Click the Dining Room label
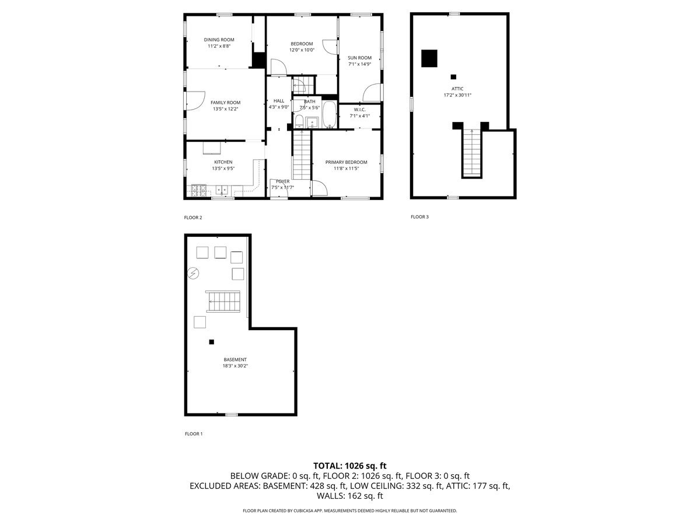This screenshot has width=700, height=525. [219, 40]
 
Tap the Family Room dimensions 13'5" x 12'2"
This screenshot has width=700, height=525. [225, 108]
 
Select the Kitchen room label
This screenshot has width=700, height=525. [223, 162]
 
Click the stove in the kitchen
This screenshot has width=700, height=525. [199, 189]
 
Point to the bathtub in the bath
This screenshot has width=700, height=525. [330, 114]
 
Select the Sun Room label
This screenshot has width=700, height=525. [359, 58]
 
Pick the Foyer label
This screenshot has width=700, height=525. [282, 181]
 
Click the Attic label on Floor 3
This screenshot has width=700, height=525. [457, 89]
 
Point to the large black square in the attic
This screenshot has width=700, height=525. [429, 58]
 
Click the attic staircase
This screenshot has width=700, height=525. [471, 152]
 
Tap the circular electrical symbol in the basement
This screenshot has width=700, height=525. [194, 273]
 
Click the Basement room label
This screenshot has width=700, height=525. [235, 359]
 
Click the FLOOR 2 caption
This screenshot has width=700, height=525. [192, 218]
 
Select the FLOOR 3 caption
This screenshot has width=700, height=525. [419, 217]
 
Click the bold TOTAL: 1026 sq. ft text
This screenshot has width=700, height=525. [350, 466]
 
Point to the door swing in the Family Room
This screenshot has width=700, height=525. [196, 100]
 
